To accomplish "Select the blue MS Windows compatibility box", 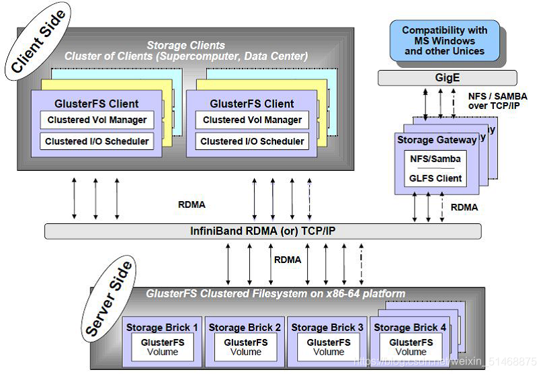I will coord(444,40).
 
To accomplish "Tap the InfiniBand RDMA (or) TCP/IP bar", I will coord(263,231).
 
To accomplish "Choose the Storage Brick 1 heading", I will coord(162,328).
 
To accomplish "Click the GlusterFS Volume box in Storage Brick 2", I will coord(245,347).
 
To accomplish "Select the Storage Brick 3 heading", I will coord(327,328).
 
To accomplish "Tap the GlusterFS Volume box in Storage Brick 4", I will coord(411,347).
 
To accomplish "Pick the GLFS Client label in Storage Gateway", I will coord(436,178).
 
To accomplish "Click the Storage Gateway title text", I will coord(437,140).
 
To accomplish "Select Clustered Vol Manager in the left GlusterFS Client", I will coord(97,120).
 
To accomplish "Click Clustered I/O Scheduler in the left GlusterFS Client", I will coord(97,141).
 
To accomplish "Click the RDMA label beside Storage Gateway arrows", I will coord(464,207).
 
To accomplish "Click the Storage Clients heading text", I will coord(185,46).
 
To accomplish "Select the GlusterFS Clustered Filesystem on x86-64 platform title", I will coord(276,294).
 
